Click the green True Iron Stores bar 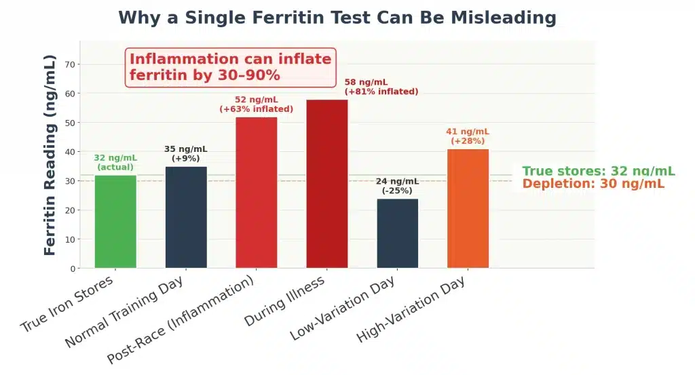click(x=115, y=222)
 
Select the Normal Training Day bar click(x=186, y=217)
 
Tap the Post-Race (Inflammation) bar click(x=257, y=193)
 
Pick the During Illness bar click(x=327, y=184)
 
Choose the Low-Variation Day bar click(x=398, y=233)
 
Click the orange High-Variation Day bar click(x=468, y=209)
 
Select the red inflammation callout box click(x=231, y=67)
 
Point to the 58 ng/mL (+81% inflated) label click(x=381, y=87)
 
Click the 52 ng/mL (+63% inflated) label click(x=257, y=104)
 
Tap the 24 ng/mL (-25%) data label click(x=398, y=186)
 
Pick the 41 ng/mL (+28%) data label click(x=468, y=136)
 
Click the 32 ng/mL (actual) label click(x=115, y=163)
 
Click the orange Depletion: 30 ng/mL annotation click(x=593, y=184)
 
